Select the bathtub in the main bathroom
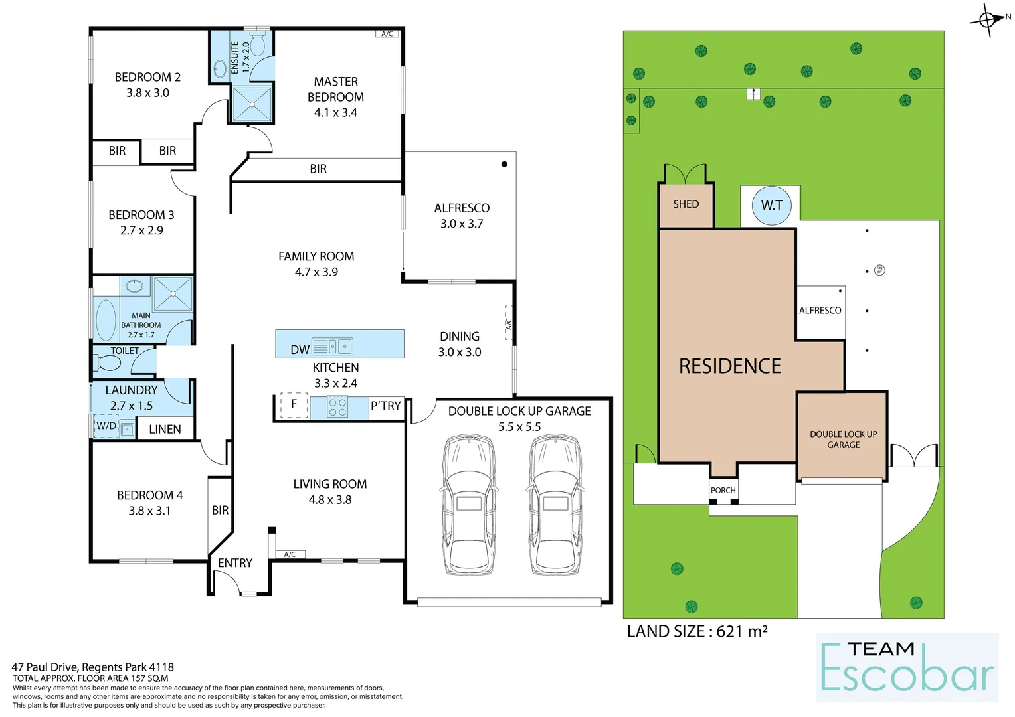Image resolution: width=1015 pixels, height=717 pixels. (x=106, y=320)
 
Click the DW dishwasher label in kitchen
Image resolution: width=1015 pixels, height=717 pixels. (x=300, y=349)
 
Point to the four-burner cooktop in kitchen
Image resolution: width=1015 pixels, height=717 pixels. (x=337, y=407)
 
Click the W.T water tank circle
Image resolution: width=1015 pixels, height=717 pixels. (x=771, y=205)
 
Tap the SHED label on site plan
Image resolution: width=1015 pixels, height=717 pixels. (x=686, y=204)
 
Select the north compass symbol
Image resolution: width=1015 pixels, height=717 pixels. (x=988, y=19)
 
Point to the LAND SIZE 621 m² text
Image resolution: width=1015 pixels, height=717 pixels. (x=697, y=631)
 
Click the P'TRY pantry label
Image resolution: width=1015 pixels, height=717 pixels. (x=386, y=406)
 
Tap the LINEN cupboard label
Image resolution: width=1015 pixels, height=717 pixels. (x=165, y=429)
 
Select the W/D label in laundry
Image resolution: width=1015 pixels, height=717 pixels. (x=106, y=426)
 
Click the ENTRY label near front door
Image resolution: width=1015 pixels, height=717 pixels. (x=235, y=563)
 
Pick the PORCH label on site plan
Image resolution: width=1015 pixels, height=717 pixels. (x=723, y=491)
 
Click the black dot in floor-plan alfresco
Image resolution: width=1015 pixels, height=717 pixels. (x=504, y=164)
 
